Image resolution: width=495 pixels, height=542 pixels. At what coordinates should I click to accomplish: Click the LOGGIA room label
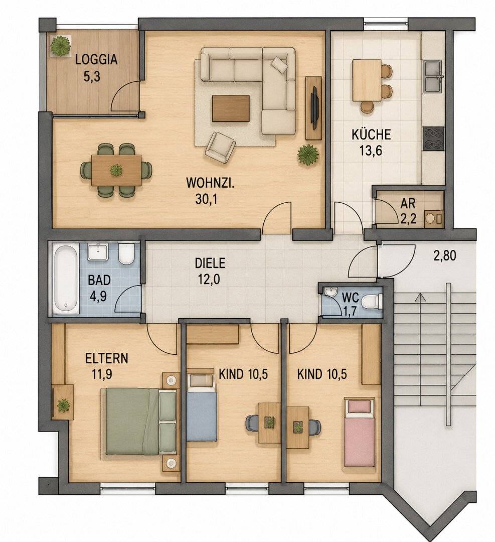click(96, 59)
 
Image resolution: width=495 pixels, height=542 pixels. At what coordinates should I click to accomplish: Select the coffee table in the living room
click(231, 108)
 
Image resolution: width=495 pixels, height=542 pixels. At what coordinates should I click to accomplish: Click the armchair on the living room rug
click(220, 147)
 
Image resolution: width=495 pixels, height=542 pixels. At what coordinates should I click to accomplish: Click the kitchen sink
click(433, 76)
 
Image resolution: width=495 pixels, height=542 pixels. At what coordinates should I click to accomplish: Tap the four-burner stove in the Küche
click(433, 139)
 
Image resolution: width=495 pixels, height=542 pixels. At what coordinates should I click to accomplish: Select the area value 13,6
click(371, 151)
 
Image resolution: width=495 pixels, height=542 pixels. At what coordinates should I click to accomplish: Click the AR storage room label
click(408, 204)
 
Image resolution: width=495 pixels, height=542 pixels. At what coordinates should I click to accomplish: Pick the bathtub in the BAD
click(66, 279)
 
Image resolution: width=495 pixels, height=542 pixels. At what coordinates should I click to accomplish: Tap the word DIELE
click(210, 263)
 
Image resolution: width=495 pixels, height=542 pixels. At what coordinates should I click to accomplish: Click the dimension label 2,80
click(444, 256)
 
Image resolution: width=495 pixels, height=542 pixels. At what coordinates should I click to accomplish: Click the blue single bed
click(202, 406)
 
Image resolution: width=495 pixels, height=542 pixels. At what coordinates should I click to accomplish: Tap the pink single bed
click(359, 432)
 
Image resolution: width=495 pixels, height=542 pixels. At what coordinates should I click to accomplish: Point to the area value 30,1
click(206, 199)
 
